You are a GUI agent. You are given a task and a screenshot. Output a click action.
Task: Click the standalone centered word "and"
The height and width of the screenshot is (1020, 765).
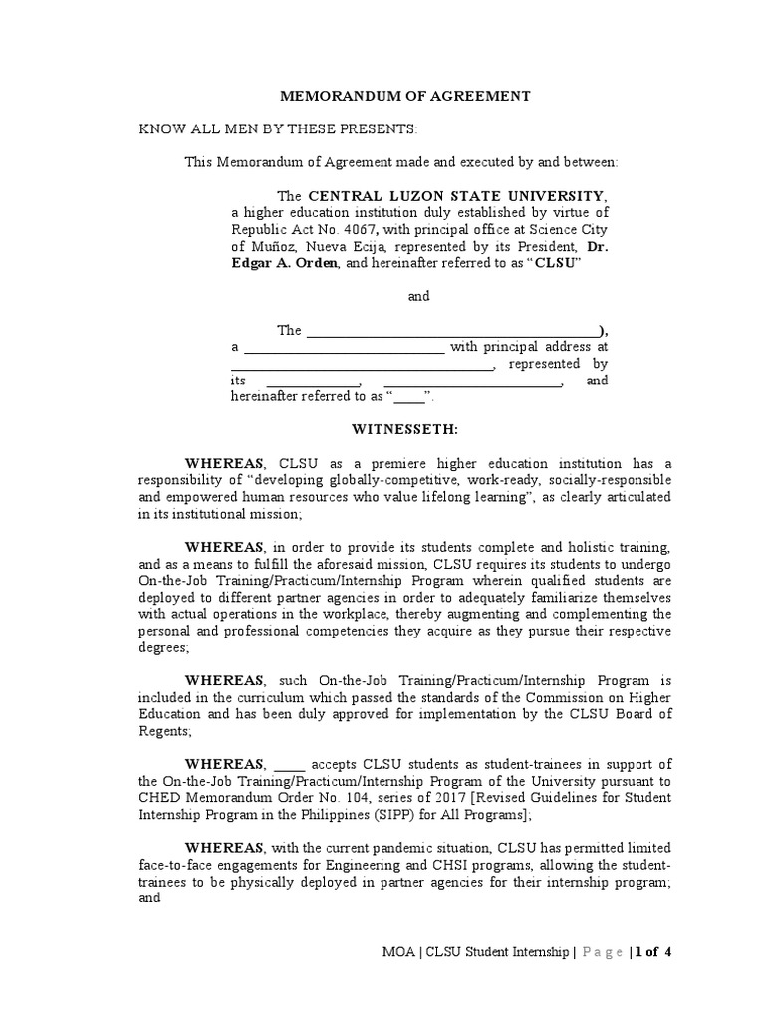pos(420,297)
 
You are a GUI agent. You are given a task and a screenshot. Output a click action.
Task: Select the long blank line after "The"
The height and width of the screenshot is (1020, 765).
pos(452,331)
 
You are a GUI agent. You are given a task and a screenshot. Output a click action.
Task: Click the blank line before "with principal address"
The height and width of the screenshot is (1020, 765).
pos(344,348)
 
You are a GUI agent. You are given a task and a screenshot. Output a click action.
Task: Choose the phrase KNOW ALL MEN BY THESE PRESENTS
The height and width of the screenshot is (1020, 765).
pos(264,130)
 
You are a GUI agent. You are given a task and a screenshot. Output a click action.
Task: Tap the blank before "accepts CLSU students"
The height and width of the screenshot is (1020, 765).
pos(290,764)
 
